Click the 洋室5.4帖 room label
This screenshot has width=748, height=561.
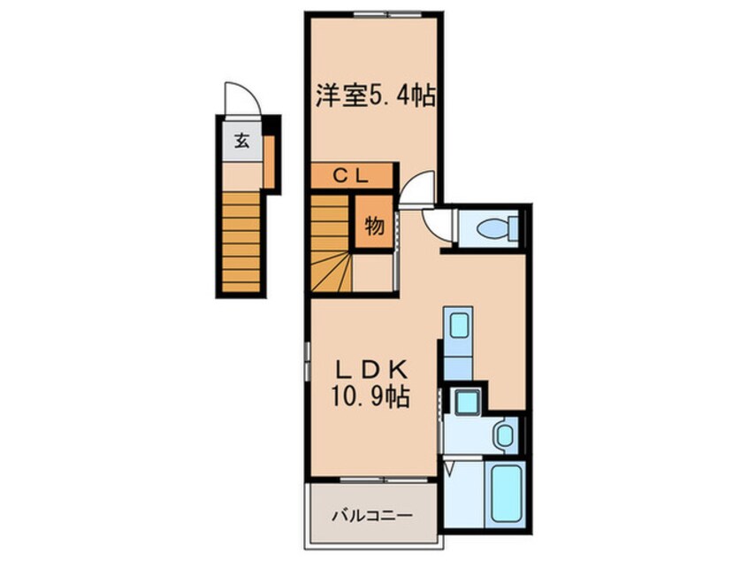376,96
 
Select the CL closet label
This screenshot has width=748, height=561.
349,175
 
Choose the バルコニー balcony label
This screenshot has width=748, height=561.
371,514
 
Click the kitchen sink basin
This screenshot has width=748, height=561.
459,326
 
